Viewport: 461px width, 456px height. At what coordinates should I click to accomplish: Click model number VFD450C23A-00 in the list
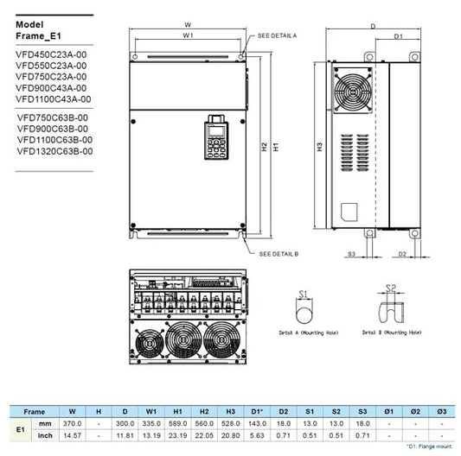tap(51, 54)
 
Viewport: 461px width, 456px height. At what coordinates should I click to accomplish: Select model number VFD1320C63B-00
tap(54, 151)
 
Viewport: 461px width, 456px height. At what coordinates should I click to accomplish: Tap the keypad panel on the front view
tap(211, 137)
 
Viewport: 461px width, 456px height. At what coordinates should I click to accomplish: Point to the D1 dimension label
tap(399, 36)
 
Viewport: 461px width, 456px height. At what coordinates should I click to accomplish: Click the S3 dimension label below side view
tap(352, 255)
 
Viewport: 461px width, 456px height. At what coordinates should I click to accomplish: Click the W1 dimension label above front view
tap(188, 36)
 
